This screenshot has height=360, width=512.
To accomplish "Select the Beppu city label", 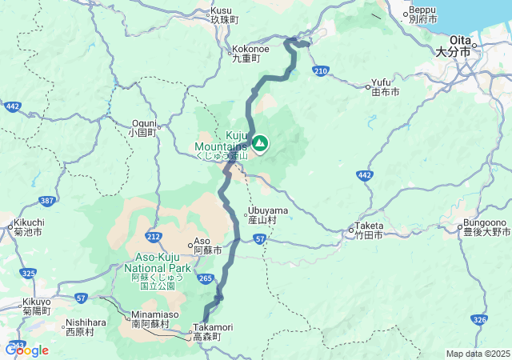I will (x=422, y=14).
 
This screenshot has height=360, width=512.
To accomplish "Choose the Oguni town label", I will (x=144, y=128).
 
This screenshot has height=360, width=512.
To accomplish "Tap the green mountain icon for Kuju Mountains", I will (x=260, y=144).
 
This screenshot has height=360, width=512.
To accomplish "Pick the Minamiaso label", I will (x=149, y=319).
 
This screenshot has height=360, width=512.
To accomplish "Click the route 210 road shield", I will (x=321, y=71).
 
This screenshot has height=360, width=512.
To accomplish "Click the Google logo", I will (x=26, y=350).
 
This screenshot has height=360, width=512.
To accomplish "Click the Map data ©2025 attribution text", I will (x=476, y=354).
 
